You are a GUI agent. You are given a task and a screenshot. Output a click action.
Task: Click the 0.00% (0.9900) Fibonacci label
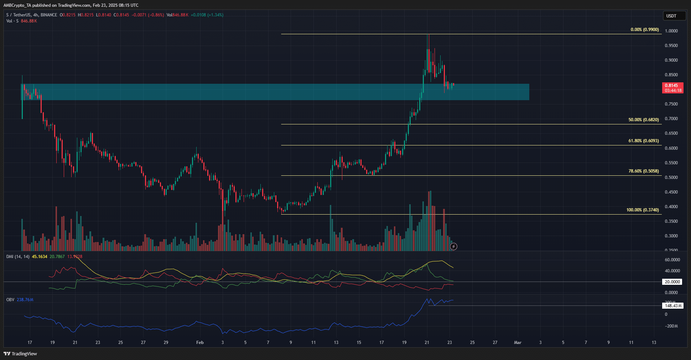tap(644, 30)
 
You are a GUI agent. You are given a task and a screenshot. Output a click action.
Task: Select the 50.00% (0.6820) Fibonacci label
tap(643, 120)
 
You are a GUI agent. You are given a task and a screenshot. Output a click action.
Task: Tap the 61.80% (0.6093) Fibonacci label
tap(643, 141)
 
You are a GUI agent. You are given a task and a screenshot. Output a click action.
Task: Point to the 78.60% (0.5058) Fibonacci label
tap(643, 171)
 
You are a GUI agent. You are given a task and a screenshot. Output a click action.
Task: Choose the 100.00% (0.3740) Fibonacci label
tap(642, 210)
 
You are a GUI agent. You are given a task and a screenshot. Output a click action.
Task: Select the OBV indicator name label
tap(10, 300)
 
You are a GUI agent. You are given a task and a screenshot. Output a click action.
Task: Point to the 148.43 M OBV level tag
tap(673, 305)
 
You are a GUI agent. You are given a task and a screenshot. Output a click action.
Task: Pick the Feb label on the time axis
tap(200, 343)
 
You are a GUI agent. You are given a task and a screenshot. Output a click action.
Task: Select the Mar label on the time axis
tap(518, 343)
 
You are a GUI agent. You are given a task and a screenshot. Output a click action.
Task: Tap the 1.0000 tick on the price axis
tap(671, 31)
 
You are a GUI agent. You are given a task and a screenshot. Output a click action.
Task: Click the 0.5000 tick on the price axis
tap(671, 178)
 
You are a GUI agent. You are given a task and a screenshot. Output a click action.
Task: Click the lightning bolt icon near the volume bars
tap(453, 246)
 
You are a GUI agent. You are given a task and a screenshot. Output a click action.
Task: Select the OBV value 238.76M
tap(25, 300)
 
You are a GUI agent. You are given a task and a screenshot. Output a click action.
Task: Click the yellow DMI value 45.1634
tap(40, 257)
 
